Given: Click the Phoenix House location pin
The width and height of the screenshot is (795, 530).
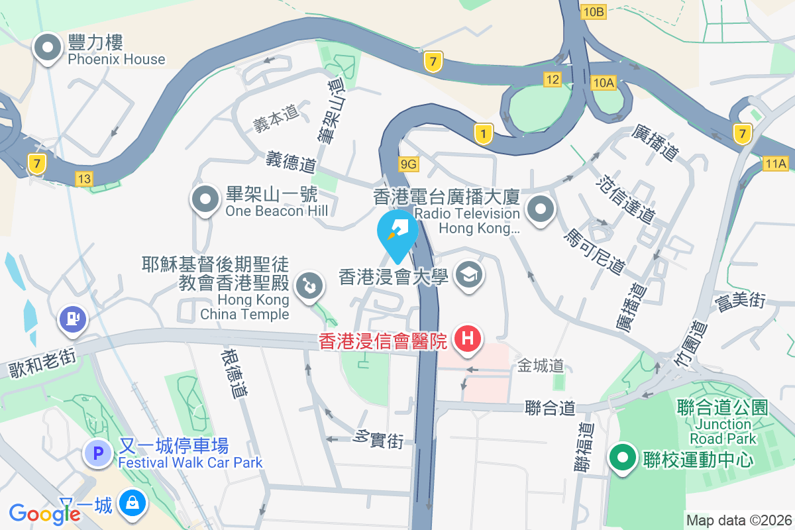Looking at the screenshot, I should coord(48,48).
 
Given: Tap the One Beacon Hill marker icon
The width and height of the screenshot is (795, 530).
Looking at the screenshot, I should coord(205,199).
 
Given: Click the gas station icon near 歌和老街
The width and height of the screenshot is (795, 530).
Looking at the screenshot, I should coord(73,319).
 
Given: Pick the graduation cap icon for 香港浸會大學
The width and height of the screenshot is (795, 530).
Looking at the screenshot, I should coord(470,275).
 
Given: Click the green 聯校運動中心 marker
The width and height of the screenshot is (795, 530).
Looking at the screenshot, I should coord(623,458).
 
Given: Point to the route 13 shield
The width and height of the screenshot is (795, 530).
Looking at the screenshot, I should coord(83,178).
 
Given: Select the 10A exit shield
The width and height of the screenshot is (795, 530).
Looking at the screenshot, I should coord(604,82).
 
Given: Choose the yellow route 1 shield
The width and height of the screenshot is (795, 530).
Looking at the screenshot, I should coord(484,134).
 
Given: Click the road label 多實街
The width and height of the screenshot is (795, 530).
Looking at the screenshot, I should coord(379,439).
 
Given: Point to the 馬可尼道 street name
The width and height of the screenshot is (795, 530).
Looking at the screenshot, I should coord(594,252).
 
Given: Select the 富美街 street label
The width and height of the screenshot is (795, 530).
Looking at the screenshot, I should coord(740,302).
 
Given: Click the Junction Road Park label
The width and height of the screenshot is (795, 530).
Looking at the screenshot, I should coord(723,431).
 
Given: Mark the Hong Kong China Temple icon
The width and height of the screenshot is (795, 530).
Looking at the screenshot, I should coord(308,286).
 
